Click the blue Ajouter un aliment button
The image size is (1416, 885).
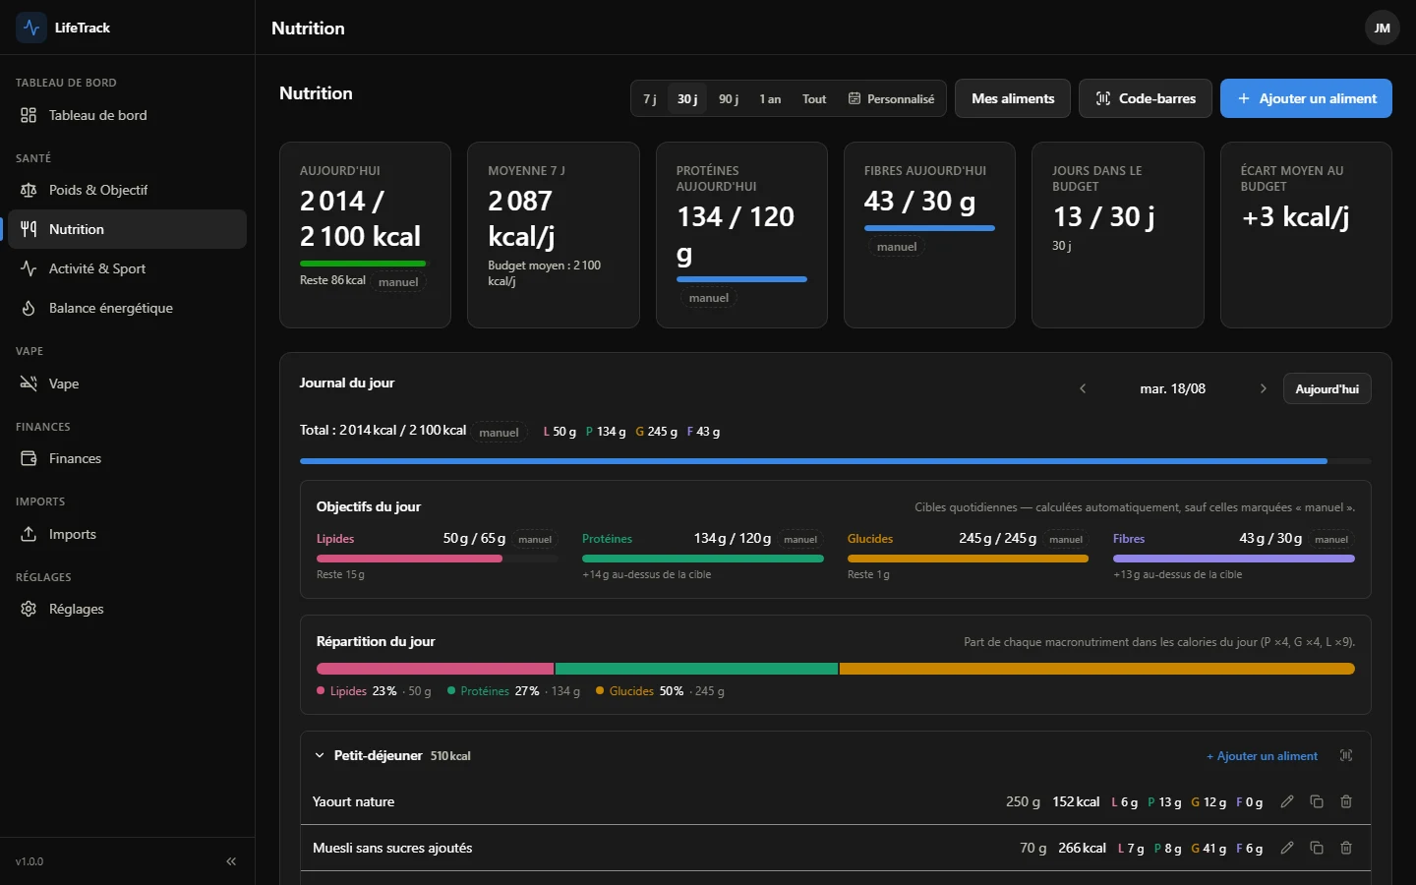[x=1306, y=98]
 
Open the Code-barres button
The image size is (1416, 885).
[x=1145, y=98]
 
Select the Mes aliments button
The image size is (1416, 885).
[x=1012, y=98]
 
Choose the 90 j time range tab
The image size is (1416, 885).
[x=729, y=98]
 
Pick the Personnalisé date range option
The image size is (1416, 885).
[x=891, y=98]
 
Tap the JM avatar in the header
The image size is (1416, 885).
[x=1382, y=28]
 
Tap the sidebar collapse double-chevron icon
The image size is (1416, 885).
[x=231, y=861]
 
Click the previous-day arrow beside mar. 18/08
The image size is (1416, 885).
[x=1083, y=388]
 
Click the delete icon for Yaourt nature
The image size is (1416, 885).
[x=1346, y=801]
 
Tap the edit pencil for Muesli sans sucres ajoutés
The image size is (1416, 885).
[x=1286, y=848]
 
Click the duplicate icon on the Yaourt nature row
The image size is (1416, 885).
[x=1316, y=801]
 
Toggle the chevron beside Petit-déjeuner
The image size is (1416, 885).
[x=320, y=755]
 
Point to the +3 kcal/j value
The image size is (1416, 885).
[x=1295, y=216]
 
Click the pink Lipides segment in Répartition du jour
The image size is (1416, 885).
[x=435, y=669]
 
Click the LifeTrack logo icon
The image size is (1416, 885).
[x=31, y=28]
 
